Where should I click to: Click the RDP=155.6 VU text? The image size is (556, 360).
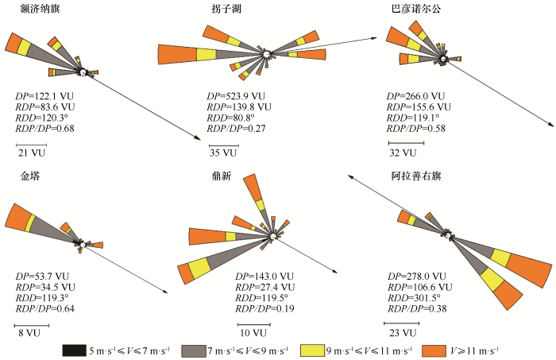pos(419,107)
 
